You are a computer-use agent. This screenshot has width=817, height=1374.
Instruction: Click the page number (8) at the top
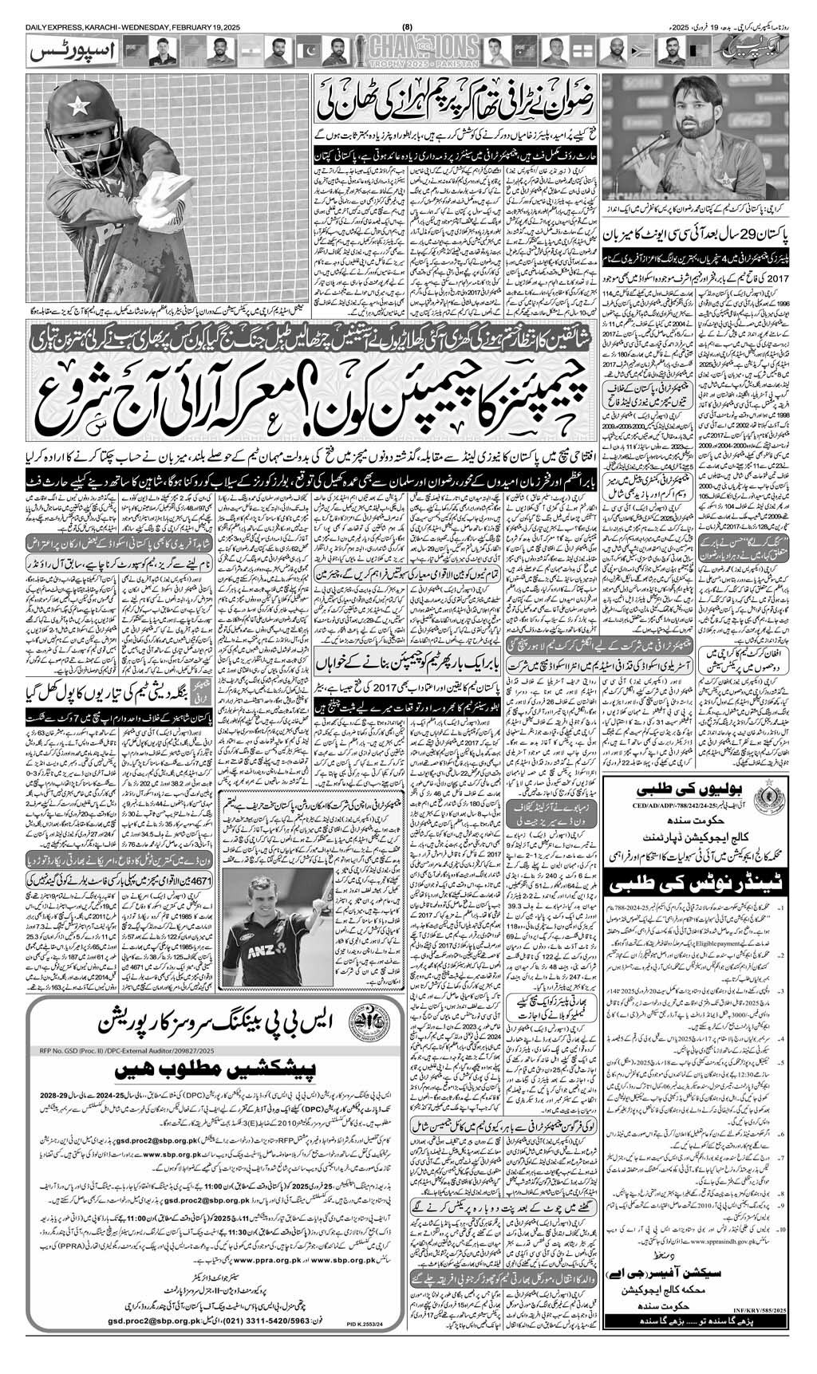point(408,8)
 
